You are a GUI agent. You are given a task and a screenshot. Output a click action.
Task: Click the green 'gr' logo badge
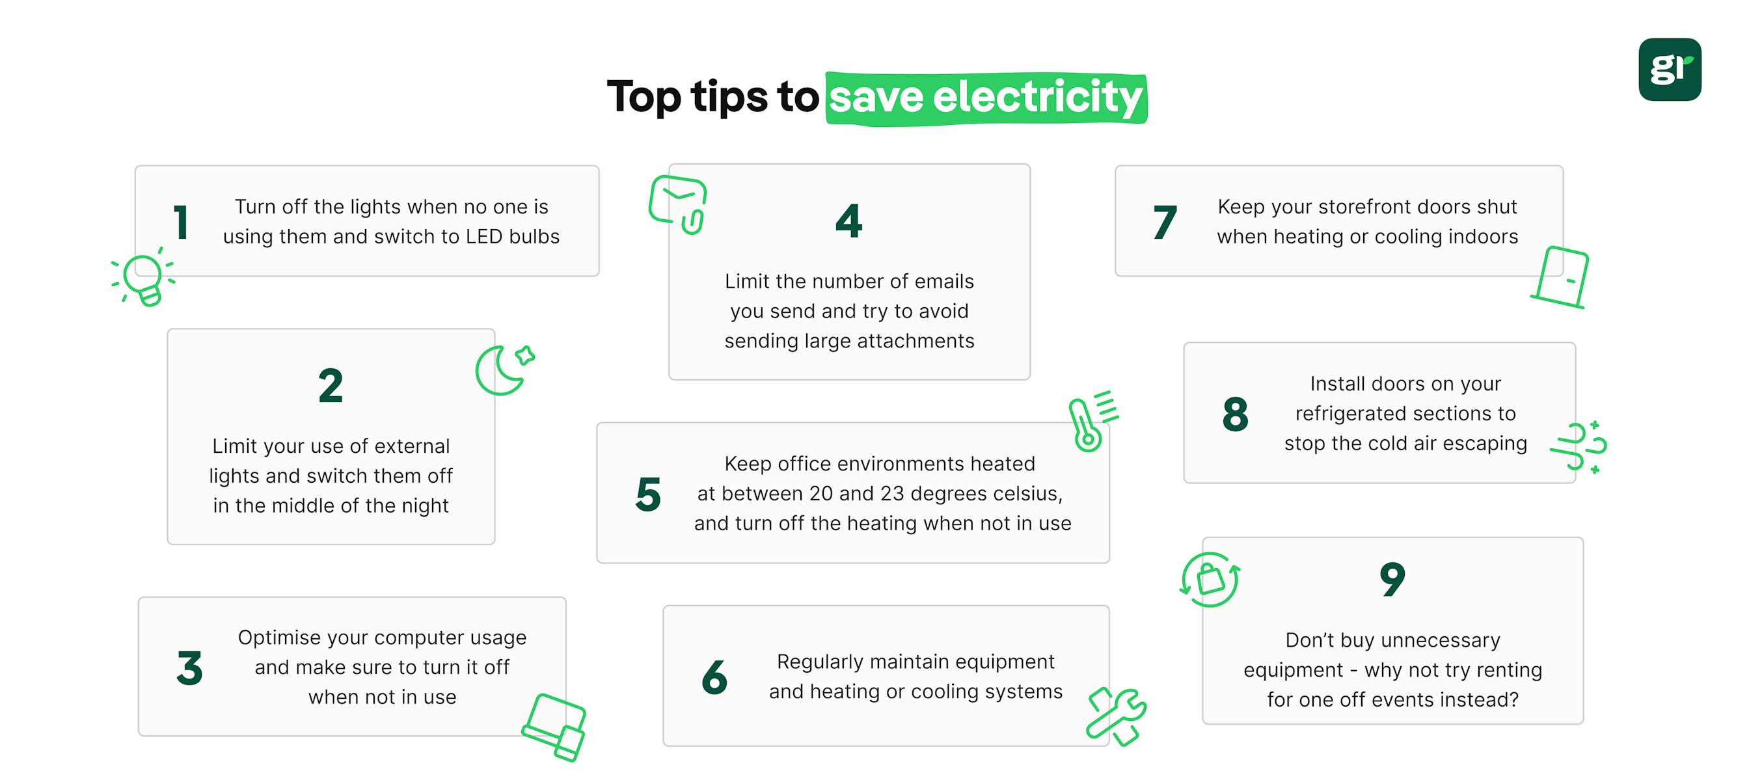(1670, 69)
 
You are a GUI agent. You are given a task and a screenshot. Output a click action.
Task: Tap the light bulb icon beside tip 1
(143, 278)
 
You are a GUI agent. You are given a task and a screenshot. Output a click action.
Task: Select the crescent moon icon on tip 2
(503, 370)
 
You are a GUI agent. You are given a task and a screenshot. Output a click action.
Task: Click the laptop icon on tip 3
(554, 727)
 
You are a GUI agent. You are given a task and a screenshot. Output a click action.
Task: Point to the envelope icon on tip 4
(677, 204)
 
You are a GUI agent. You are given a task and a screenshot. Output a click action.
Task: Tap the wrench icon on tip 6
(1116, 716)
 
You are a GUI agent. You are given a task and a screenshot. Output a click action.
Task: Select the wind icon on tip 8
(1579, 446)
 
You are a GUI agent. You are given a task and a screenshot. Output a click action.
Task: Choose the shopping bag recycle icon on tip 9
(1210, 580)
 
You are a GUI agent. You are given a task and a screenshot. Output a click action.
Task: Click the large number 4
(848, 221)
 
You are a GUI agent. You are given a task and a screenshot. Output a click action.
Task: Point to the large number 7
(1165, 222)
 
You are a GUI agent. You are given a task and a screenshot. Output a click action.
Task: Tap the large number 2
(331, 386)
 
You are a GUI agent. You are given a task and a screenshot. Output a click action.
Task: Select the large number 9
(1392, 579)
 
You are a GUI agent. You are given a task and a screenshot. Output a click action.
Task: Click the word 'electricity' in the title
(1037, 98)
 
